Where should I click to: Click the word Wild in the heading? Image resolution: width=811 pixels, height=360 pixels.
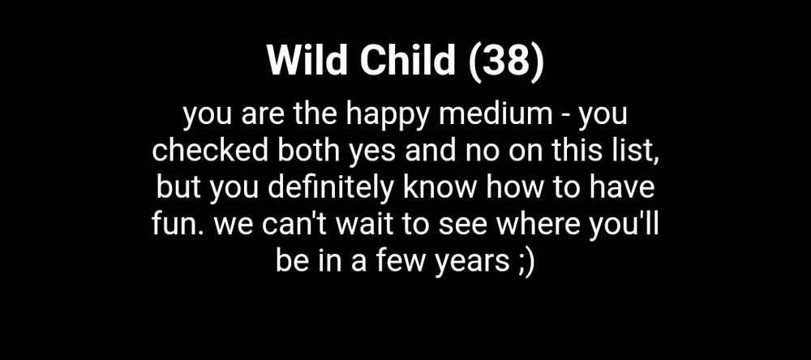click(307, 61)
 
